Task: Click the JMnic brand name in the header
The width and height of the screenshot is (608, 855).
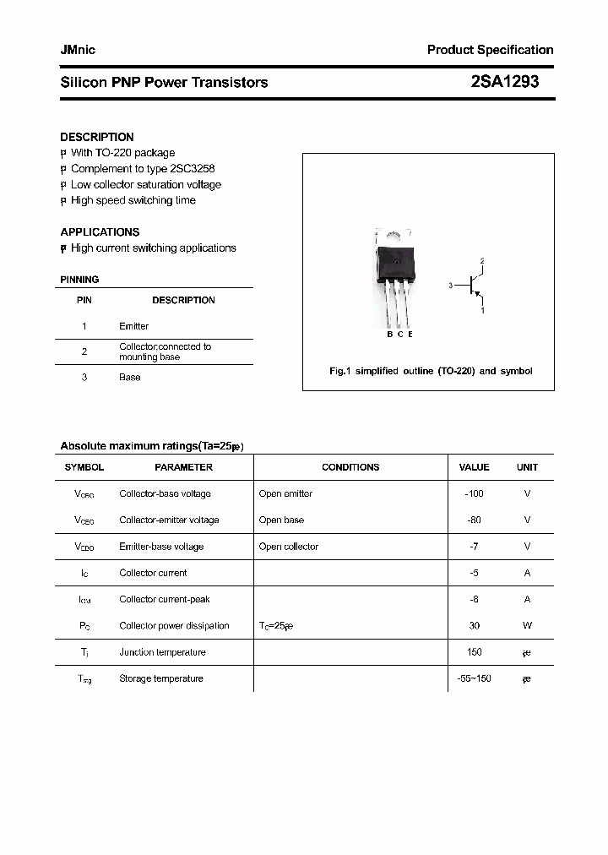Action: click(x=78, y=50)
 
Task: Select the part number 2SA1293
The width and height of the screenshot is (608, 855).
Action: click(x=504, y=82)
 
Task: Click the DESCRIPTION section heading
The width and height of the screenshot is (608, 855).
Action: click(x=96, y=137)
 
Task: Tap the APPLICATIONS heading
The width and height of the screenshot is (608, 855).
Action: click(x=100, y=231)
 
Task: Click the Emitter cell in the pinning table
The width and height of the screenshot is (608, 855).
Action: click(x=133, y=326)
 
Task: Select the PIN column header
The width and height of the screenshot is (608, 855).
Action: click(x=84, y=300)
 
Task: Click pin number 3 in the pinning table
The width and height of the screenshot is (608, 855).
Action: click(x=84, y=377)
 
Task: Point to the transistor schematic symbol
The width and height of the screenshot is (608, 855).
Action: click(x=472, y=286)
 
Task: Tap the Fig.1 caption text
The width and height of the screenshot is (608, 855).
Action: click(x=430, y=371)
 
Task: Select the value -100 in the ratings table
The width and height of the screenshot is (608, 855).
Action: click(x=474, y=493)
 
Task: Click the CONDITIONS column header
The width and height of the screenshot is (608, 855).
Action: click(x=350, y=467)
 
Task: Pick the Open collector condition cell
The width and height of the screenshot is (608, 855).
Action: click(x=289, y=547)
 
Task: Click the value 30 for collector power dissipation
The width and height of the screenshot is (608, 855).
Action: click(x=474, y=626)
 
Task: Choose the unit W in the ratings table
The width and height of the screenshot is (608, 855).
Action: click(x=527, y=626)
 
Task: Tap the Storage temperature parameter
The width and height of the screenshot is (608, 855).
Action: click(x=160, y=678)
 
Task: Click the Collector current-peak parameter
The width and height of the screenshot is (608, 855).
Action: click(x=164, y=599)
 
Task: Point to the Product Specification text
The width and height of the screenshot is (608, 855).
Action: click(x=490, y=50)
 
